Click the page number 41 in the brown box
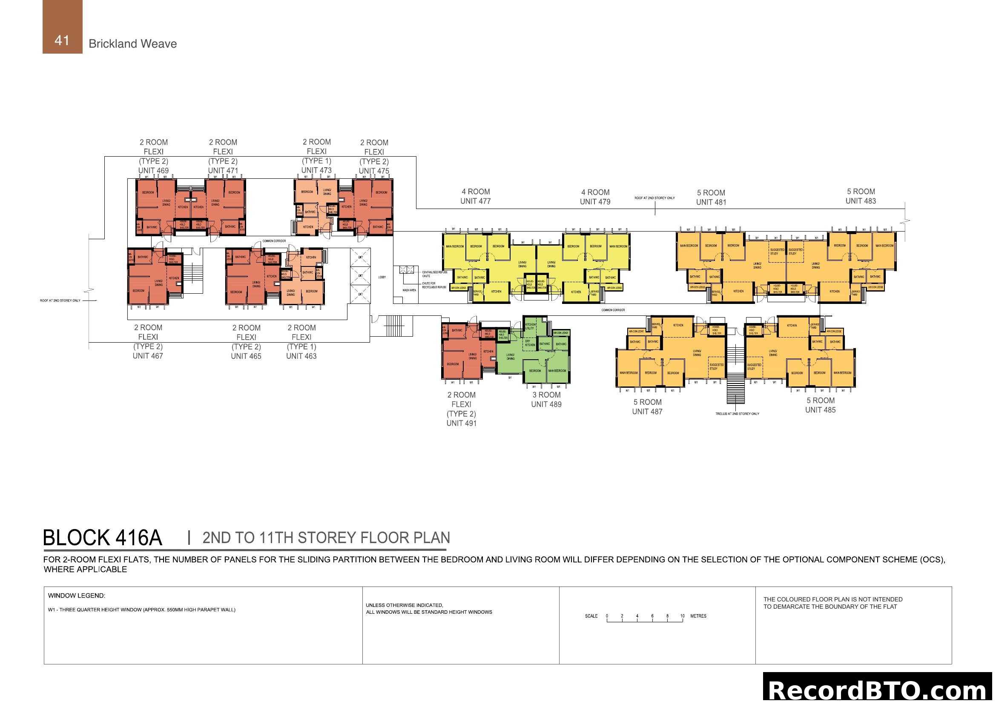click(62, 40)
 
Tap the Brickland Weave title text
click(132, 44)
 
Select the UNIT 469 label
click(153, 171)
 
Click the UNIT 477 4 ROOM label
click(476, 196)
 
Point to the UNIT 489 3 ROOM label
click(546, 400)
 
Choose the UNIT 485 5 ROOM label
click(820, 405)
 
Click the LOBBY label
click(382, 277)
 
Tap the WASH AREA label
click(409, 290)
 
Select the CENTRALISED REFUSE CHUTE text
click(434, 274)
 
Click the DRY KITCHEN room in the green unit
click(530, 343)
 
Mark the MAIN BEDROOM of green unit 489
click(557, 371)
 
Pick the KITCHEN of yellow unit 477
click(496, 292)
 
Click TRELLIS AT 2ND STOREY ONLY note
click(737, 414)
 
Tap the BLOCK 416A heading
click(102, 538)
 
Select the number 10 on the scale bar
click(682, 616)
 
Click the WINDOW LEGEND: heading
click(76, 595)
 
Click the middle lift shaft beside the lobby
click(360, 276)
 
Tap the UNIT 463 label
click(301, 356)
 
